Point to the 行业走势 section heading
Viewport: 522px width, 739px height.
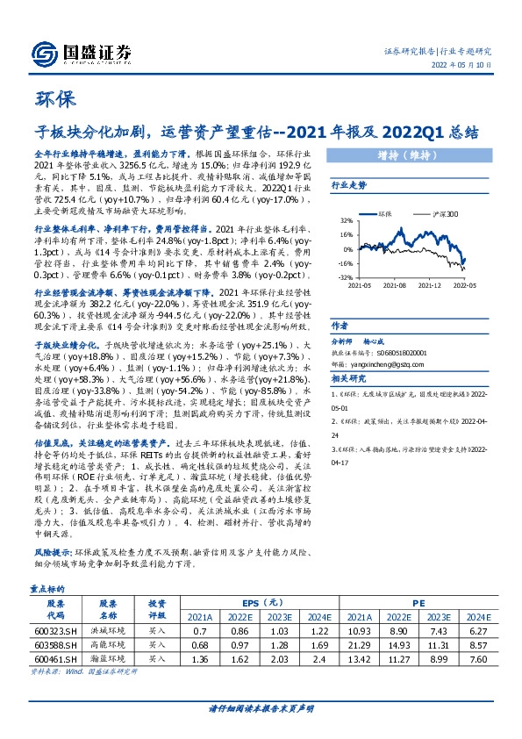tap(348, 186)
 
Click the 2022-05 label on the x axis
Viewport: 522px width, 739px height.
tap(463, 285)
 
